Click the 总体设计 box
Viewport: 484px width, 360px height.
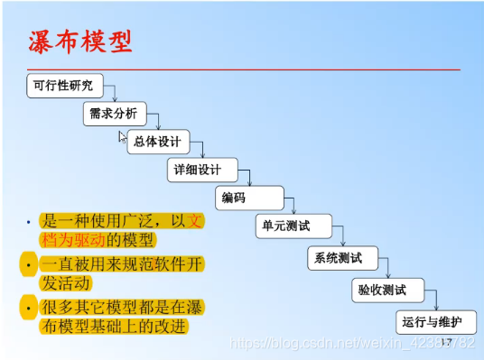(x=158, y=142)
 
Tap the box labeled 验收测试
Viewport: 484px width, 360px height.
(x=382, y=290)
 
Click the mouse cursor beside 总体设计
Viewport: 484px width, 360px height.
(x=123, y=137)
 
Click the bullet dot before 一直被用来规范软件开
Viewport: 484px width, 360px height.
(x=27, y=264)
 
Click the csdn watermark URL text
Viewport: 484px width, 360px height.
(x=352, y=343)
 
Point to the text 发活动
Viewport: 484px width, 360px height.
(x=68, y=283)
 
